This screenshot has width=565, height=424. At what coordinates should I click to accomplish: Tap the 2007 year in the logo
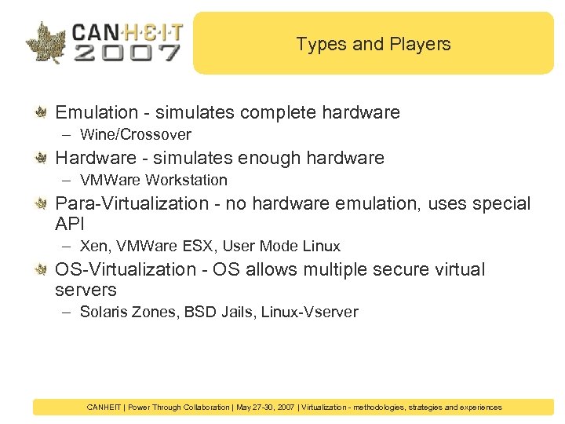[x=126, y=53]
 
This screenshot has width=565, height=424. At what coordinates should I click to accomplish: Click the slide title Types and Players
[x=374, y=44]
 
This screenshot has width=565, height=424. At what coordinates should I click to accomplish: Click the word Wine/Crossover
[x=136, y=135]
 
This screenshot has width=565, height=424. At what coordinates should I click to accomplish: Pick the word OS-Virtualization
[x=125, y=269]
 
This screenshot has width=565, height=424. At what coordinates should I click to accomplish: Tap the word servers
[x=86, y=290]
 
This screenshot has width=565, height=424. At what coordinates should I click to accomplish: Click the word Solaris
[x=104, y=313]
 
